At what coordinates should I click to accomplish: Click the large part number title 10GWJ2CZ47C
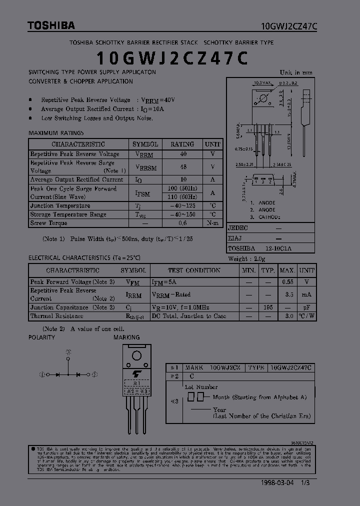point(171,58)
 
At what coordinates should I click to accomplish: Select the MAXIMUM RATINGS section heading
point(56,133)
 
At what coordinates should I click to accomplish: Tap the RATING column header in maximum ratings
point(182,144)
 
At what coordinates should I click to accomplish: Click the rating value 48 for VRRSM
point(183,167)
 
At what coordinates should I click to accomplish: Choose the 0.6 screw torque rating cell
point(183,223)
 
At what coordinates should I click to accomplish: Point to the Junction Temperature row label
point(60,205)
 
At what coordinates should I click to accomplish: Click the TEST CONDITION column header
point(194,270)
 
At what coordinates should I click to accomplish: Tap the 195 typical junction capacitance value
point(268,307)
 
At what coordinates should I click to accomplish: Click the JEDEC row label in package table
point(238,227)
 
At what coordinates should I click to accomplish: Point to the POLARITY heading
point(41,337)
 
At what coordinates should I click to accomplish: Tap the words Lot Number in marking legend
point(201,386)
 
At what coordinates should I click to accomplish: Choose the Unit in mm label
point(296,73)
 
